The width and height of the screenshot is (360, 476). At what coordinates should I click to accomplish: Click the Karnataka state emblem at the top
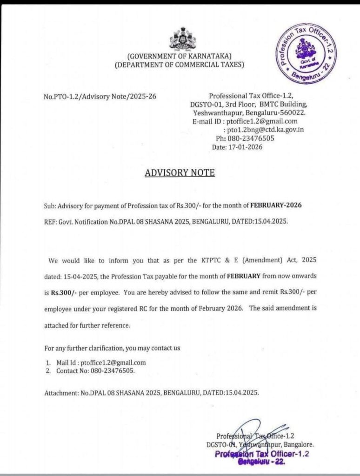182,40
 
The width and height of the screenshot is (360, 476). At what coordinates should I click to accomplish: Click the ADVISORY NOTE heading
180,172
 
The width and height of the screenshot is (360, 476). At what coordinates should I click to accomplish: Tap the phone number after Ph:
251,139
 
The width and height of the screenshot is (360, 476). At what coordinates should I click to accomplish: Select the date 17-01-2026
247,147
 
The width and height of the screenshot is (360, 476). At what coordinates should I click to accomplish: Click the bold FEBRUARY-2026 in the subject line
279,205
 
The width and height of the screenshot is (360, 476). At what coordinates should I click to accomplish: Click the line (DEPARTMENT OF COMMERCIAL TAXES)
180,65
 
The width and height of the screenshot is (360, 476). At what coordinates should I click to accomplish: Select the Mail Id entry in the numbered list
101,363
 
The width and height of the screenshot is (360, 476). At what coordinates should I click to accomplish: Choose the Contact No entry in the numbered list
96,371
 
